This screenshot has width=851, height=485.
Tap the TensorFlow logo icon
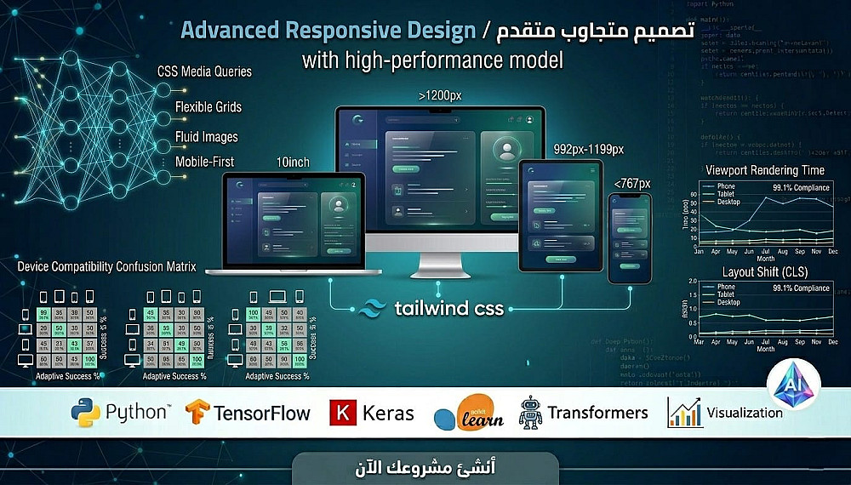pyautogui.click(x=197, y=414)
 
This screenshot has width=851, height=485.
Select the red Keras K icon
pyautogui.click(x=343, y=414)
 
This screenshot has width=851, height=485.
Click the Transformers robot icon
pyautogui.click(x=530, y=412)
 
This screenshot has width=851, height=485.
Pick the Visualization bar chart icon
pyautogui.click(x=684, y=412)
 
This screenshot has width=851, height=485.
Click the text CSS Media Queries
pyautogui.click(x=204, y=71)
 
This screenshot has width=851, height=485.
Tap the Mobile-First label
pyautogui.click(x=204, y=162)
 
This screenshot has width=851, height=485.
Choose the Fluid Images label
pyautogui.click(x=206, y=136)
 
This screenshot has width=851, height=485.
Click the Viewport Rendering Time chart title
pyautogui.click(x=765, y=170)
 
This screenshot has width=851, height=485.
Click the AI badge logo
pyautogui.click(x=793, y=385)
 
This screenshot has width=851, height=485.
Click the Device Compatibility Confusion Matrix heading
pyautogui.click(x=106, y=266)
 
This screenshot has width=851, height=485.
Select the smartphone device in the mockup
pyautogui.click(x=628, y=239)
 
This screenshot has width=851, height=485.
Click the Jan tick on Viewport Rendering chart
pyautogui.click(x=699, y=252)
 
